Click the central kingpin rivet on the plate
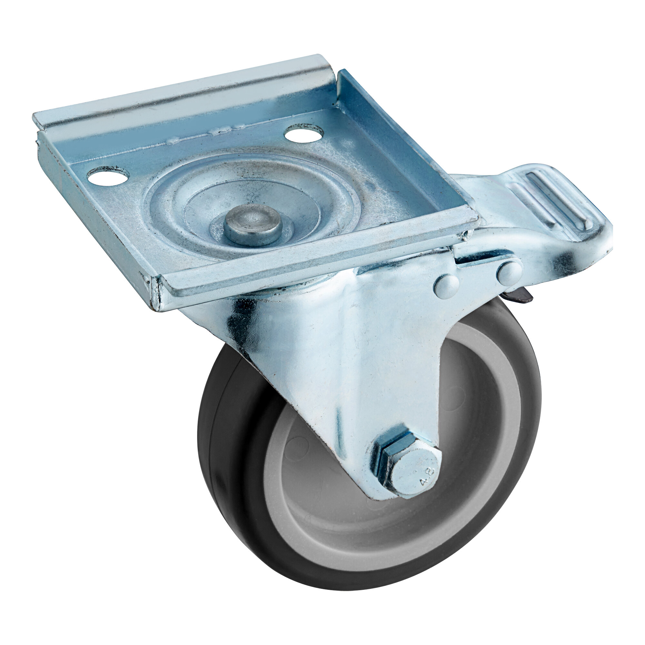(x=253, y=225)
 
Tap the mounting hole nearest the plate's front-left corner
(x=108, y=176)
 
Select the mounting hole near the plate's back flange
(x=304, y=133)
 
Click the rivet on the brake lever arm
(x=509, y=273)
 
